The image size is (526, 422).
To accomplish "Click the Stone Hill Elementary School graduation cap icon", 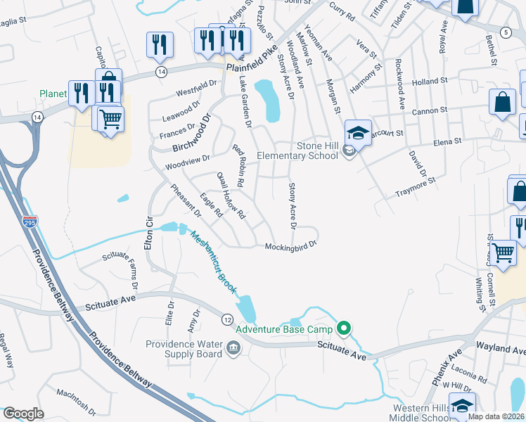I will pos(358,132).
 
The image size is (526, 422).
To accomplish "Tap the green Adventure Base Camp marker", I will pos(344,328).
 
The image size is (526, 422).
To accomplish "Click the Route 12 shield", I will pos(227,319).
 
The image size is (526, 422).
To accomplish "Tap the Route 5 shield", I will pos(505,33).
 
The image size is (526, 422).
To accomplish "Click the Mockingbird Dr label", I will pos(292,246).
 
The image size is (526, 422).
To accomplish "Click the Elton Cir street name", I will pos(148,230).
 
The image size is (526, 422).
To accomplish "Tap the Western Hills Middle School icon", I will pos(462,407).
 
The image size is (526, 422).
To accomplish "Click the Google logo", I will pos(24,414).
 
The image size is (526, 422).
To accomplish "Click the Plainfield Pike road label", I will pos(253,53).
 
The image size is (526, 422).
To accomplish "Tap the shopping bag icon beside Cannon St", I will pos(504,103).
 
